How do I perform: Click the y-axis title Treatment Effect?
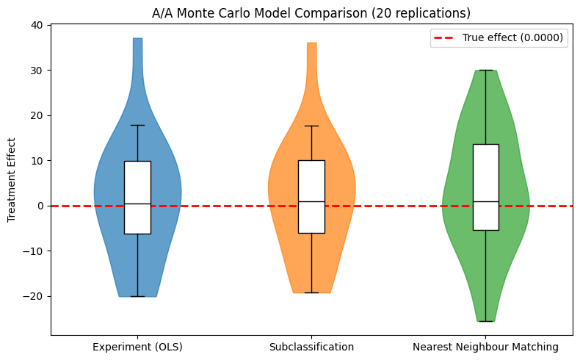click(11, 180)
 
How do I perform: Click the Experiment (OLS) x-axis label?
click(137, 346)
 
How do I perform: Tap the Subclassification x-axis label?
click(311, 346)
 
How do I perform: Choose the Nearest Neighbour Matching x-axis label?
click(485, 346)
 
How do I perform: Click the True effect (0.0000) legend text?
click(514, 39)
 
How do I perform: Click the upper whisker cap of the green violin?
click(485, 71)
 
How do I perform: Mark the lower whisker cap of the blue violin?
click(137, 296)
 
